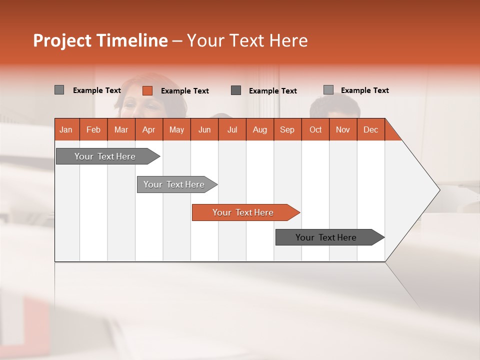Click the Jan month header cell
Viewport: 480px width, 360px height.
(66, 129)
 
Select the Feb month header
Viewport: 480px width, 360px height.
(93, 129)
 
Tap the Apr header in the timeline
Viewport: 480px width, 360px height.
(148, 129)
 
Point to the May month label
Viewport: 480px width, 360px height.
(176, 129)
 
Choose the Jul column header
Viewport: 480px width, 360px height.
(232, 129)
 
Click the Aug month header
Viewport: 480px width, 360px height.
(259, 129)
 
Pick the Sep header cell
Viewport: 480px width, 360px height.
(287, 129)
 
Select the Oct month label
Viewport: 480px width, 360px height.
(315, 129)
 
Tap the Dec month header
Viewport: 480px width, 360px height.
(370, 129)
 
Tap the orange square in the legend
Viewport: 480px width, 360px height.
(147, 90)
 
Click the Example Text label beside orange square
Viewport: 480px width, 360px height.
(184, 91)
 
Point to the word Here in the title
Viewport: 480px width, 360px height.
(288, 40)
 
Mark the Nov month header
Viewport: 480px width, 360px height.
(343, 129)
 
